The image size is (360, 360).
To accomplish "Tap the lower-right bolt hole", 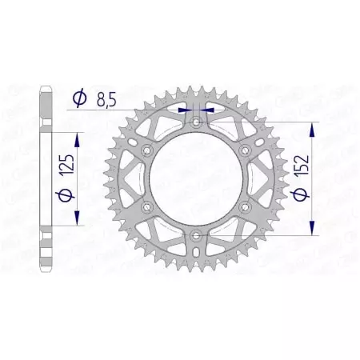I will coord(248,208).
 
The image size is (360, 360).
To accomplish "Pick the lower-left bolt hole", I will coord(147,208).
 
